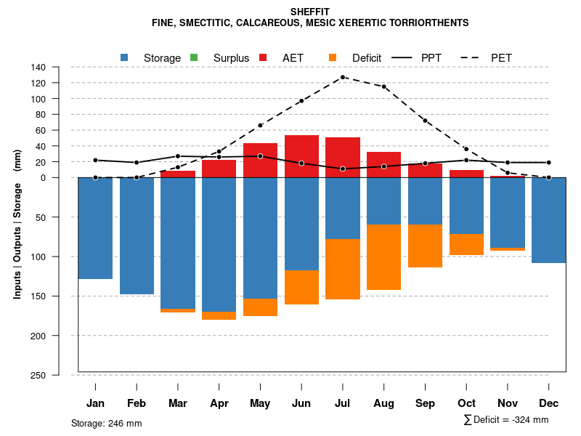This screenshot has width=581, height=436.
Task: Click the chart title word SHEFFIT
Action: pyautogui.click(x=310, y=12)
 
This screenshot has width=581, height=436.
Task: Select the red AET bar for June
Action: pyautogui.click(x=301, y=156)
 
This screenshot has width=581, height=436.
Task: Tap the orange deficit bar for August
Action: pyautogui.click(x=384, y=257)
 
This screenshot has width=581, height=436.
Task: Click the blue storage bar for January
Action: pyautogui.click(x=95, y=228)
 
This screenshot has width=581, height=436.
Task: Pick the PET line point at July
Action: pyautogui.click(x=343, y=77)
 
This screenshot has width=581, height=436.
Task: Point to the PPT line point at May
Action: pyautogui.click(x=260, y=156)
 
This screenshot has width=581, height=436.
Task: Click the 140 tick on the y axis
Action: pyautogui.click(x=59, y=67)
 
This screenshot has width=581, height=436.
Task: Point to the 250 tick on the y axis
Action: pyautogui.click(x=59, y=375)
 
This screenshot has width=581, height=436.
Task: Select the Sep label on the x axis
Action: pyautogui.click(x=426, y=403)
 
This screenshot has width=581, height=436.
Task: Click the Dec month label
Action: pyautogui.click(x=549, y=403)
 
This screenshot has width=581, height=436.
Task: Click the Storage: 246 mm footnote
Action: pyautogui.click(x=107, y=423)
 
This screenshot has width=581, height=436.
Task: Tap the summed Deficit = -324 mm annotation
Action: pyautogui.click(x=506, y=420)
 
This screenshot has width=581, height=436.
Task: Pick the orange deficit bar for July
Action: pyautogui.click(x=343, y=269)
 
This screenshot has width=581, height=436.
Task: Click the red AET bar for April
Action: pyautogui.click(x=219, y=169)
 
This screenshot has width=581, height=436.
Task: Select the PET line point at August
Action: pyautogui.click(x=384, y=86)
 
